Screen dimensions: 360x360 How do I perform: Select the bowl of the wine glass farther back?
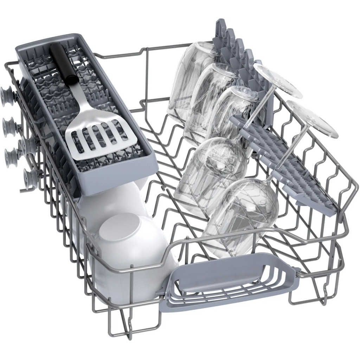click(211, 169)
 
